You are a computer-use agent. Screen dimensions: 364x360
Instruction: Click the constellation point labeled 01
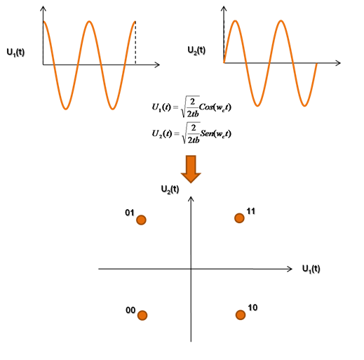click(141, 220)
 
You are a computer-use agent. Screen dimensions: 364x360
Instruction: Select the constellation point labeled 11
click(239, 218)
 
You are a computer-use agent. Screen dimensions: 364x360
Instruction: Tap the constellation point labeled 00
click(142, 315)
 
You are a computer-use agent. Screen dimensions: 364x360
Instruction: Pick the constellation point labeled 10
click(241, 315)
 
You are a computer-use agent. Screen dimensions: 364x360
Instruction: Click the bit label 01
click(130, 213)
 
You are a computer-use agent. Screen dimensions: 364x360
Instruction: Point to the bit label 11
click(251, 211)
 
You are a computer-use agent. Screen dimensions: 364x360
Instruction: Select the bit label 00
click(130, 310)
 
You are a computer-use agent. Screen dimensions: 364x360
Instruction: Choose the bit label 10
click(252, 307)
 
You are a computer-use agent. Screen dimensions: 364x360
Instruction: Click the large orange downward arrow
click(191, 169)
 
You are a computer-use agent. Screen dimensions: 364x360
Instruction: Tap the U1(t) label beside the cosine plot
click(15, 52)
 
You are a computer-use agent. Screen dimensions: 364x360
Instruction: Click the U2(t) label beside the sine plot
click(196, 51)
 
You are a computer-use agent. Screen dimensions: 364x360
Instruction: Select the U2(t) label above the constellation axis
click(170, 189)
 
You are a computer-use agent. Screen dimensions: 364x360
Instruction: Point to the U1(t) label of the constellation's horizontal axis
click(311, 269)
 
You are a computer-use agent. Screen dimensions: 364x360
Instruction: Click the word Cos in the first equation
click(206, 107)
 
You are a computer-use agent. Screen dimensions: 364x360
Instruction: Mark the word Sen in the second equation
click(207, 133)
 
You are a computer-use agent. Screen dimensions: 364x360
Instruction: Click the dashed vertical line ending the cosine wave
click(135, 43)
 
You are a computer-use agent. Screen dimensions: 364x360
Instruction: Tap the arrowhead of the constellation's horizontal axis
click(290, 269)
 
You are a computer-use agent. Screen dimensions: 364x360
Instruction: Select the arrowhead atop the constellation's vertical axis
click(191, 199)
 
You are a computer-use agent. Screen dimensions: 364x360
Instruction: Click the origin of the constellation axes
click(191, 269)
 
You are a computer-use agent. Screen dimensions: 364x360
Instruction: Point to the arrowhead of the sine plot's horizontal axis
click(338, 62)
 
